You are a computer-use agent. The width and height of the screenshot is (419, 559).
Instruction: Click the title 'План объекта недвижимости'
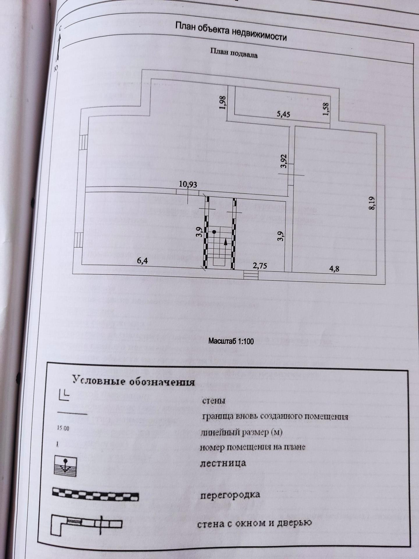point(231,31)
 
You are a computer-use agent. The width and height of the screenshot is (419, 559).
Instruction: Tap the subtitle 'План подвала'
point(234,53)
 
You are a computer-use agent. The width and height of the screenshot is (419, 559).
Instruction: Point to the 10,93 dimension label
point(188,184)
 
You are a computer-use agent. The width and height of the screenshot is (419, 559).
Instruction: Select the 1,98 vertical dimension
point(222,103)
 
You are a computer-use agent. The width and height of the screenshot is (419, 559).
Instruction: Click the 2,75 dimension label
point(260,266)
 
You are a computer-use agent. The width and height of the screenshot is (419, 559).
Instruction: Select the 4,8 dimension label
point(334,268)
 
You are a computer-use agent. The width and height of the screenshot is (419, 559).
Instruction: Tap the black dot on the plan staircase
point(215,232)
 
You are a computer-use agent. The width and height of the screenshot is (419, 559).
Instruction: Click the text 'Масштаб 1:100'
point(231,341)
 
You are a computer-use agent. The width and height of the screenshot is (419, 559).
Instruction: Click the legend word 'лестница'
point(223,463)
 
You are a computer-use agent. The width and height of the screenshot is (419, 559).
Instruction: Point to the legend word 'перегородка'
point(230,495)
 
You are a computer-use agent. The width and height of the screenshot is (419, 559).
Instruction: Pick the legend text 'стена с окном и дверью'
point(255,523)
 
